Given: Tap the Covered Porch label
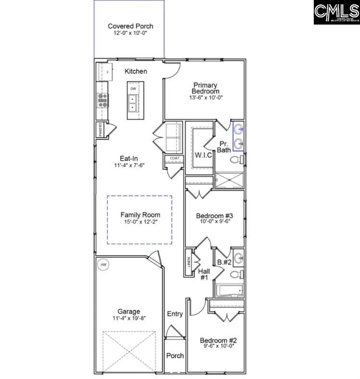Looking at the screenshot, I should pyautogui.click(x=130, y=26).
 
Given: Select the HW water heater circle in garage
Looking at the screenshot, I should pyautogui.click(x=103, y=265).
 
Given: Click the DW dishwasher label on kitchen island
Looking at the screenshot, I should pyautogui.click(x=133, y=89).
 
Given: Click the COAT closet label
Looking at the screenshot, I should pyautogui.click(x=174, y=158).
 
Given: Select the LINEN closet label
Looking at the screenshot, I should pyautogui.click(x=189, y=262).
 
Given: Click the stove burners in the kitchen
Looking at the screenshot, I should pyautogui.click(x=103, y=99).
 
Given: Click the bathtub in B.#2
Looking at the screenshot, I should pyautogui.click(x=230, y=290).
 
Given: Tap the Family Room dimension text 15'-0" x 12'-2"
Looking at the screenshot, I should pyautogui.click(x=140, y=222).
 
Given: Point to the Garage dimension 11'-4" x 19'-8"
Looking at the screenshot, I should pyautogui.click(x=129, y=318).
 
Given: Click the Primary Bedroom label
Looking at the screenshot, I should pyautogui.click(x=205, y=88).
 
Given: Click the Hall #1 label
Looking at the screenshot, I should pyautogui.click(x=204, y=274).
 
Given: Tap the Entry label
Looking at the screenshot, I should pyautogui.click(x=175, y=314).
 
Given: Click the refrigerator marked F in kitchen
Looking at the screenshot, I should pyautogui.click(x=104, y=72).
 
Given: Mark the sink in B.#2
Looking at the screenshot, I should pyautogui.click(x=238, y=257).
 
